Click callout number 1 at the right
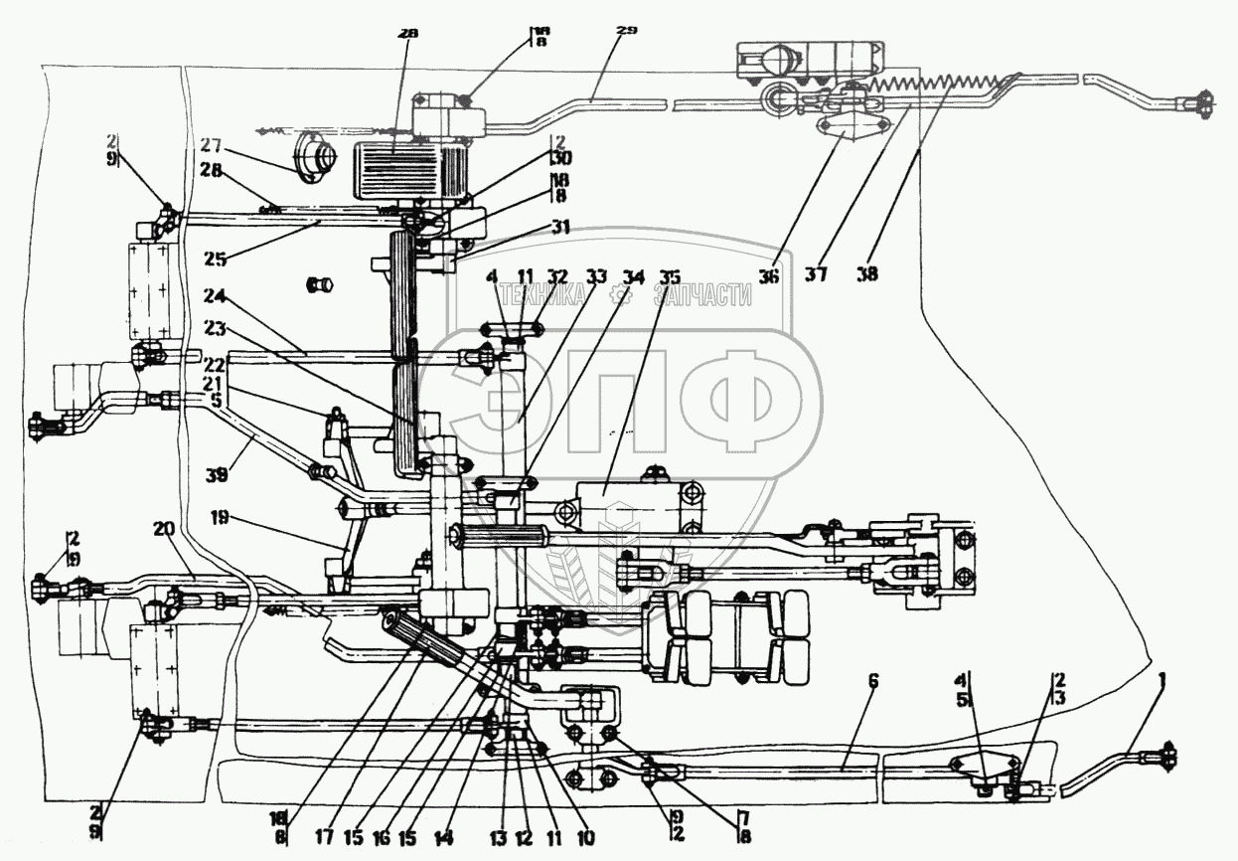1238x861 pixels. pos(1162,683)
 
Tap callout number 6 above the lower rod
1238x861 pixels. pos(873,681)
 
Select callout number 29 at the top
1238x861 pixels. pos(626,32)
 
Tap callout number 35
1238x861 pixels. pos(673,275)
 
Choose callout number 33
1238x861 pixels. pos(596,276)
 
